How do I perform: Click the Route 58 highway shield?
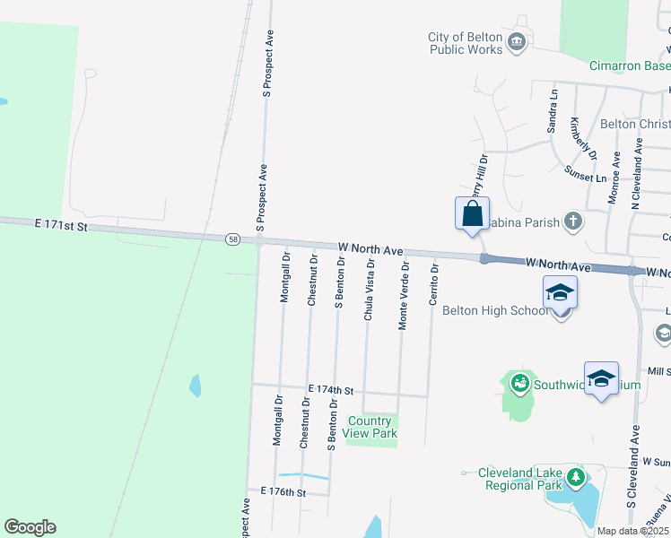tap(233, 239)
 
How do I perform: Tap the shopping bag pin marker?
tap(473, 215)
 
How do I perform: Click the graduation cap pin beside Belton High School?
tap(560, 294)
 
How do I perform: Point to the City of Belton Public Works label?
tap(465, 43)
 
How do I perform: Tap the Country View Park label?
tap(370, 428)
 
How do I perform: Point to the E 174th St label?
tap(331, 391)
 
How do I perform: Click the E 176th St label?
tap(283, 492)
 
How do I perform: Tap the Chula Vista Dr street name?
tap(369, 289)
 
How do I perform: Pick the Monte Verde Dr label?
tap(405, 297)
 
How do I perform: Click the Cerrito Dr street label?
tap(433, 284)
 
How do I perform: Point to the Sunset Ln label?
tap(585, 172)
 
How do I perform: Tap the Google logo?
tap(30, 527)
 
